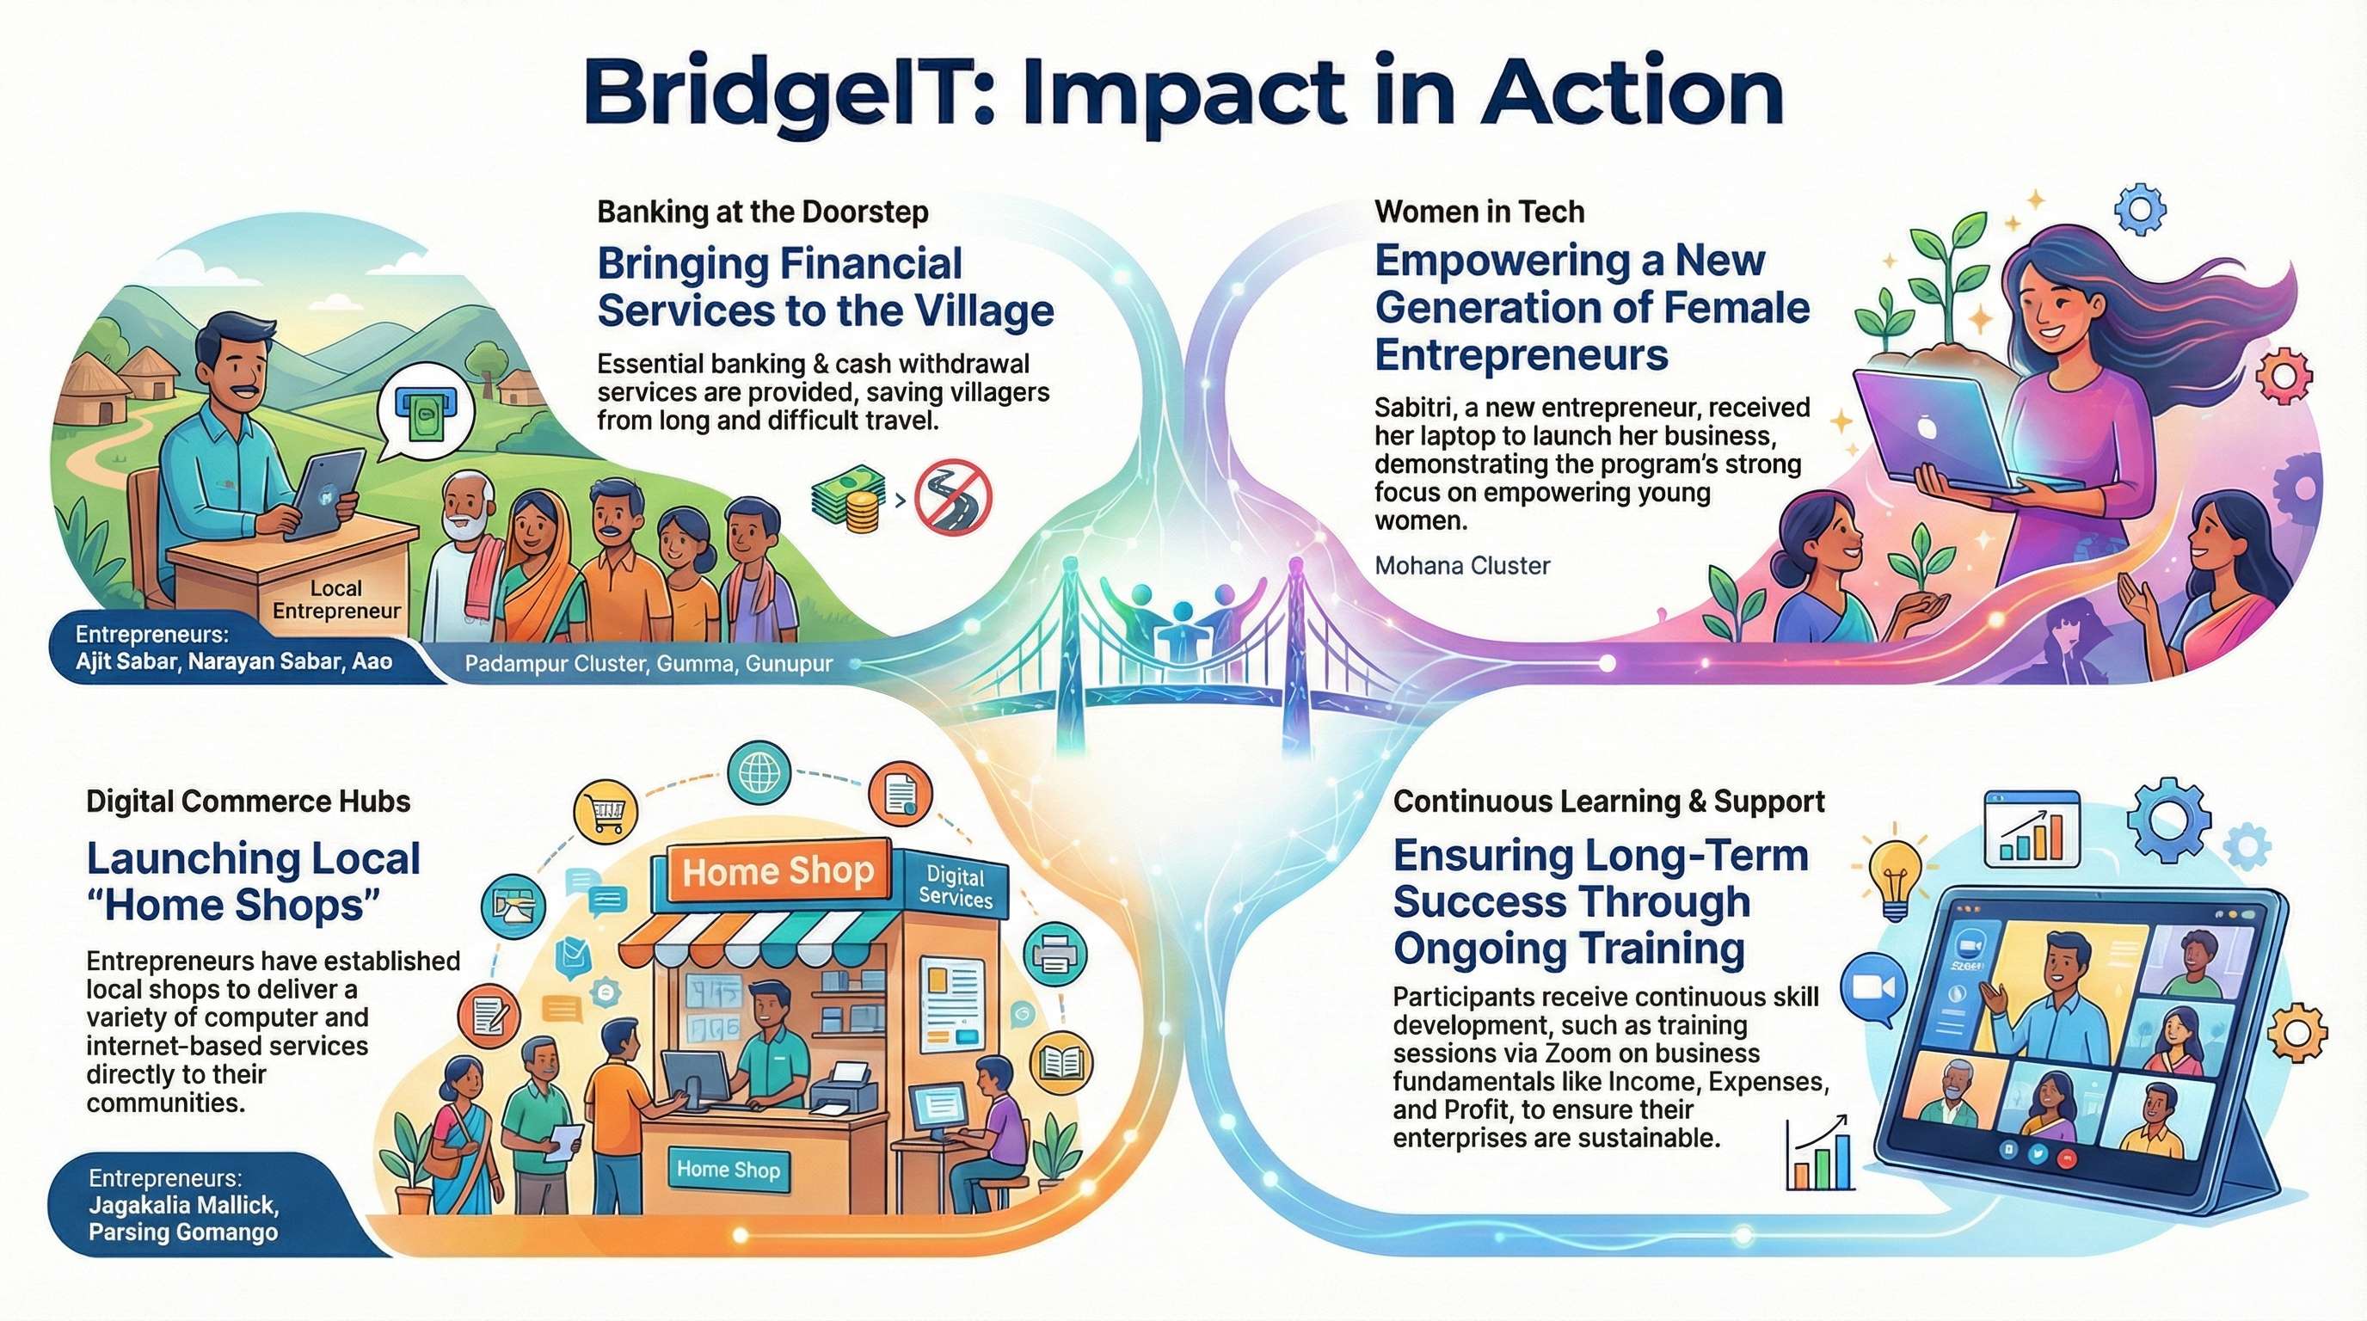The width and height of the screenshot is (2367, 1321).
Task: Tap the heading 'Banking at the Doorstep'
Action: (763, 212)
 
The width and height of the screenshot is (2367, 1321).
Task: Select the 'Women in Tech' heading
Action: (1479, 212)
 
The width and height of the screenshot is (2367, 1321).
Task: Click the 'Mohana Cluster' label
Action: (1462, 565)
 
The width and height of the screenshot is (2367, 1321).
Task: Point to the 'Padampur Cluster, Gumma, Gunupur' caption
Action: (649, 663)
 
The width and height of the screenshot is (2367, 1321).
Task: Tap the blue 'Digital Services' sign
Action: (956, 888)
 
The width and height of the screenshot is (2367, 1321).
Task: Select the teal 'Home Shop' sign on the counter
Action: (728, 1170)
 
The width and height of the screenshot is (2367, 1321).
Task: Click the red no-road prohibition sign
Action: (954, 499)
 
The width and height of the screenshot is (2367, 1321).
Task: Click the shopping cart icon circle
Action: (605, 811)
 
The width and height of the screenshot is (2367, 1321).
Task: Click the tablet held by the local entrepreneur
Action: (322, 497)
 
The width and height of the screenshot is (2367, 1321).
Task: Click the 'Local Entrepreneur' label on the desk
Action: (336, 599)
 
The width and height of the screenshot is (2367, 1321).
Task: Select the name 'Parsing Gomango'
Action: (183, 1232)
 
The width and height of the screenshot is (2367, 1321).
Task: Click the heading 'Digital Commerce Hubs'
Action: (248, 801)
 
